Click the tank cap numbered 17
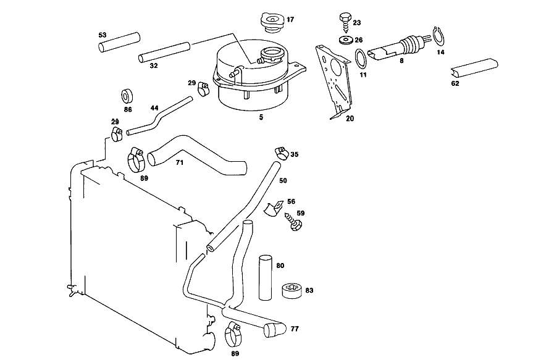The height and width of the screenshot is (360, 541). (x=272, y=23)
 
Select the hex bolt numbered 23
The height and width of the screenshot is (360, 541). (x=345, y=22)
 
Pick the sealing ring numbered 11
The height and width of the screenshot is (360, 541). (x=361, y=59)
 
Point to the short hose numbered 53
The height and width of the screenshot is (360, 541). (x=119, y=42)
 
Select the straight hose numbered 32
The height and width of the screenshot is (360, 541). (x=164, y=52)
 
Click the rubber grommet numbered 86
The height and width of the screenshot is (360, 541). (x=127, y=96)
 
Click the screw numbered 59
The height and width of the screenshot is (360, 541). (x=293, y=222)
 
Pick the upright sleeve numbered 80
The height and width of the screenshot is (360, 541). (x=266, y=278)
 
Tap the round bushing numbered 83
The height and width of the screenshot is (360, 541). (x=292, y=291)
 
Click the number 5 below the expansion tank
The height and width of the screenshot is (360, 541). (x=261, y=117)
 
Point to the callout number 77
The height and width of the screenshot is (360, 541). (x=295, y=329)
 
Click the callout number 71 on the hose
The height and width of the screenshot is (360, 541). (x=180, y=162)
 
